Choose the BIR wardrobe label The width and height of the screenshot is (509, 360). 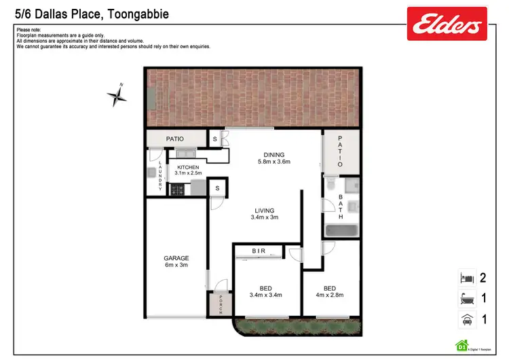tap(259, 251)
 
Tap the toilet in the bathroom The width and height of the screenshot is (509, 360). tap(330, 184)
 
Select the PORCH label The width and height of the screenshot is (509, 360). tap(221, 306)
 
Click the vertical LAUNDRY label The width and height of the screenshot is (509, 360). tap(160, 177)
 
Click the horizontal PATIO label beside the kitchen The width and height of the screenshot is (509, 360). tap(175, 139)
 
